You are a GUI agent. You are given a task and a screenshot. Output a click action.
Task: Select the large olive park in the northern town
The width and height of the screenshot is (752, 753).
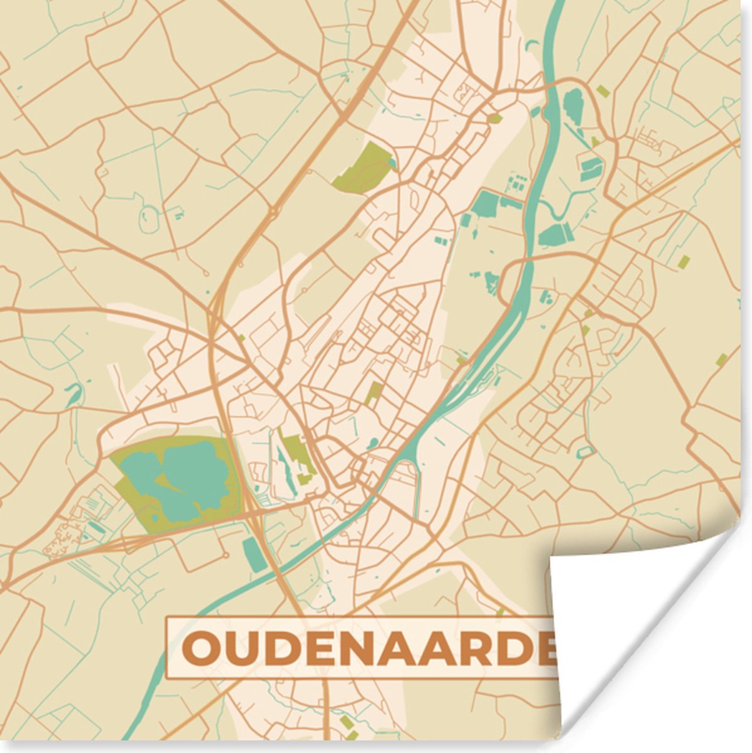click(363, 166)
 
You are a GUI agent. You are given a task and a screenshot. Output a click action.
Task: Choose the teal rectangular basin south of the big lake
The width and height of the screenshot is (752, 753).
click(254, 553)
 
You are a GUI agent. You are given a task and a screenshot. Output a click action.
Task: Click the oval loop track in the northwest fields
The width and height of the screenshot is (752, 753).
click(150, 217)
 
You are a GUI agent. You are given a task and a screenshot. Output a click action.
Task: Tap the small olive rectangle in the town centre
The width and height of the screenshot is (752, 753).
click(374, 392)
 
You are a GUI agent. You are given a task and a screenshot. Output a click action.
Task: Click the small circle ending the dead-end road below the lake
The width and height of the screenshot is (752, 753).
click(224, 556)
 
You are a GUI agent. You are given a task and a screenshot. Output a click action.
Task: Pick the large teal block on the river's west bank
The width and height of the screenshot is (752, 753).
click(486, 203)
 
